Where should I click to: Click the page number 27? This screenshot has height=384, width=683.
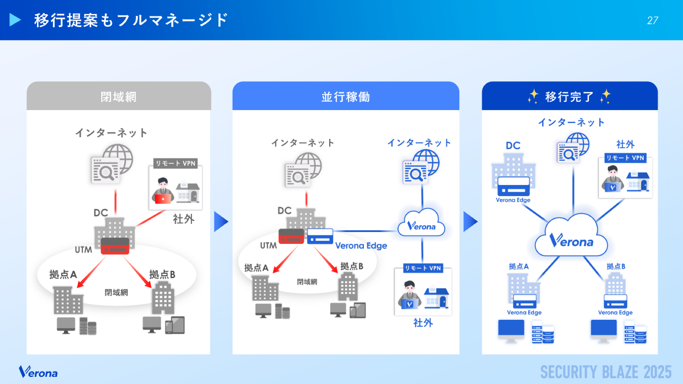652,21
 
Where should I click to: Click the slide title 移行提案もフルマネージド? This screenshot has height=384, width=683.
131,20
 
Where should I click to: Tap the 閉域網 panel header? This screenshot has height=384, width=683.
118,97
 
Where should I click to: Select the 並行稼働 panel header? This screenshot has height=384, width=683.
346,97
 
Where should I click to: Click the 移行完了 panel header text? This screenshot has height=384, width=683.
569,97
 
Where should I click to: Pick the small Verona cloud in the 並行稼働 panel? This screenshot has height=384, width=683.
422,224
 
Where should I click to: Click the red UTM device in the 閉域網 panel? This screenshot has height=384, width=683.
115,246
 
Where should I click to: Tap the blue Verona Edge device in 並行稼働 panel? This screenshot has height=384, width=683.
320,236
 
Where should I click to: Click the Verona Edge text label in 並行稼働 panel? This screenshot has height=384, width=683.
361,246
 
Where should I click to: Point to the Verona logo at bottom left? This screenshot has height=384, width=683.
38,372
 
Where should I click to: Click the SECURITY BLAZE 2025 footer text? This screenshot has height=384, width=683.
606,372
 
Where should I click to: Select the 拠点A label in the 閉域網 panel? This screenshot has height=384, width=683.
63,274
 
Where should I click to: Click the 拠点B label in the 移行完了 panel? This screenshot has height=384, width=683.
616,267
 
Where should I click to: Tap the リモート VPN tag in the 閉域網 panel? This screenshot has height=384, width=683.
174,163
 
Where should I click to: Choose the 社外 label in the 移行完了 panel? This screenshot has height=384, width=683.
625,144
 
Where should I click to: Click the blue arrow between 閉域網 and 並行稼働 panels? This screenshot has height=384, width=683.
221,221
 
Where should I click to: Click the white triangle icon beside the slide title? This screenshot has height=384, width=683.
15,20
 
